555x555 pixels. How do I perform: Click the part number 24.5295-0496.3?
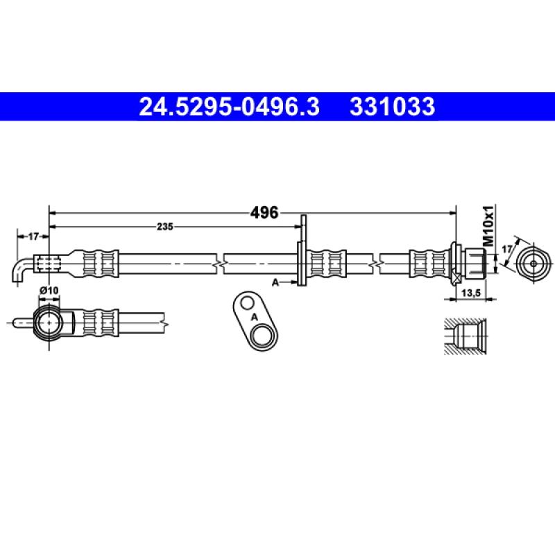coord(230,107)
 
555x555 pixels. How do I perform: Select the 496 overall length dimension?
coord(264,213)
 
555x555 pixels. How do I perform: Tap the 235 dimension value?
coord(164,227)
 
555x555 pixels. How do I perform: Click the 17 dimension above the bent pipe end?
coord(33,237)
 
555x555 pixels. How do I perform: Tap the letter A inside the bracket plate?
coord(254,316)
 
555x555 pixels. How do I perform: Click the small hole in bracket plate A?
coord(245,302)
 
